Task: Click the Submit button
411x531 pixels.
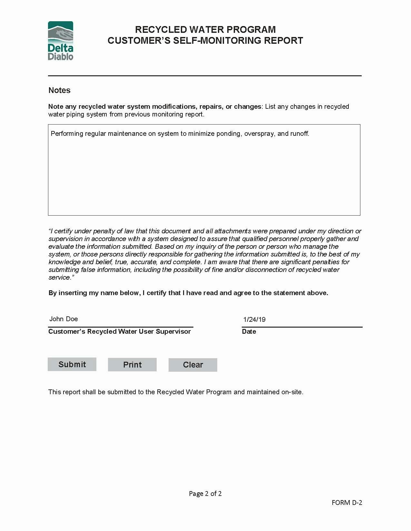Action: tap(72, 364)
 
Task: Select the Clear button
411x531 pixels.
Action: tap(193, 365)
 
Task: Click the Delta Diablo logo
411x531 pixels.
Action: tap(61, 41)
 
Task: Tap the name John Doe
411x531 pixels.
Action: tap(64, 319)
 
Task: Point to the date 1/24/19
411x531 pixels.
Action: tap(254, 320)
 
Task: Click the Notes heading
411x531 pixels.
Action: tap(59, 90)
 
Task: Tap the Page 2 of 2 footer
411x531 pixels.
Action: tap(205, 494)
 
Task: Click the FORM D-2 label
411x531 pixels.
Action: tap(347, 503)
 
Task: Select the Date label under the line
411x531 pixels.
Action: tap(249, 331)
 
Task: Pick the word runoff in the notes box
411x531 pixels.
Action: tap(299, 134)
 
